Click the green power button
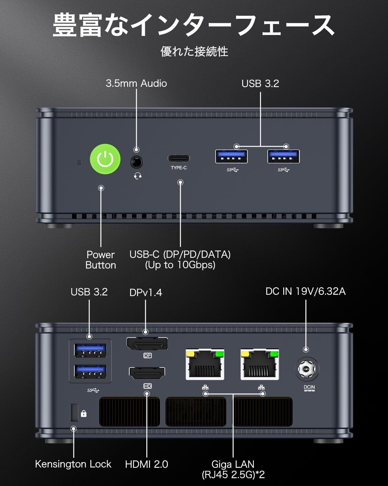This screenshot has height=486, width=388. point(105,159)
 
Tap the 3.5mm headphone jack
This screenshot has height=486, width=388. point(136,162)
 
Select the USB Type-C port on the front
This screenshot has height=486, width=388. point(179,158)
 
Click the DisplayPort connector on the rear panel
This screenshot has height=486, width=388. point(147,344)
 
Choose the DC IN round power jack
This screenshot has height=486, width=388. point(307,369)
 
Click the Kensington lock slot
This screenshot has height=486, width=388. point(74,412)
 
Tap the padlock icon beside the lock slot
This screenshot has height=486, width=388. point(84,413)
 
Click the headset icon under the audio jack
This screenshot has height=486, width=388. point(138,176)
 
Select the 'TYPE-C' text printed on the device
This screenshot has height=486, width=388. point(179,168)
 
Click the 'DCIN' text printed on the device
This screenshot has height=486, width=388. point(309,387)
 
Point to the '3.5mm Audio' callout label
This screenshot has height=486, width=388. point(136,83)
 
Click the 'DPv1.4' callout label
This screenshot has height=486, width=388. point(145,293)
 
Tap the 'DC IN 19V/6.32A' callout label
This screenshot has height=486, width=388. point(306,291)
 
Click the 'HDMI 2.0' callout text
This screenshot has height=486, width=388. point(146,464)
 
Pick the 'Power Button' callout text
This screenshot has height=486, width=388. point(101,260)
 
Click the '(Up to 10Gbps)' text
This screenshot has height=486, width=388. point(180,265)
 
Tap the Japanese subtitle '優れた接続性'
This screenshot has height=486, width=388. point(194,52)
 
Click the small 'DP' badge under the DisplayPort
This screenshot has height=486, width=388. point(147,356)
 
